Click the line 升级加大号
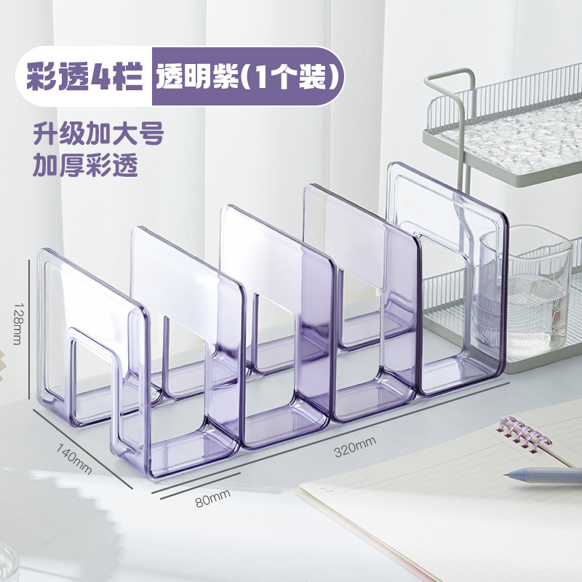[x=97, y=135]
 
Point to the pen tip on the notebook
[x=507, y=475]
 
